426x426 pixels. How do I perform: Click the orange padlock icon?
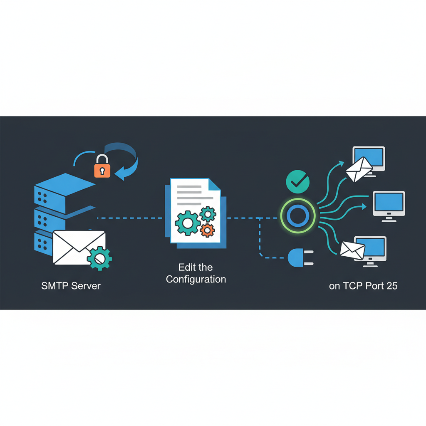[102, 167]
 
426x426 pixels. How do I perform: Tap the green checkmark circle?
[297, 181]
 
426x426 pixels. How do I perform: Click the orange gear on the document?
[207, 229]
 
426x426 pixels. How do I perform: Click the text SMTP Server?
[71, 286]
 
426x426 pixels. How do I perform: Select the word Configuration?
[196, 279]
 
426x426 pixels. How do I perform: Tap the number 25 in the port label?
[391, 286]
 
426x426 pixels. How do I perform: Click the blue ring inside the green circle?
[297, 215]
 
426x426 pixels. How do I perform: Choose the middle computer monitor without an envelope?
[389, 203]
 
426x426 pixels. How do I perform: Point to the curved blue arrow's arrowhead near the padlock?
[121, 174]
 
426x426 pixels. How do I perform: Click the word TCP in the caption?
[352, 286]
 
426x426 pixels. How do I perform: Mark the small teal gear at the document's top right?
[208, 214]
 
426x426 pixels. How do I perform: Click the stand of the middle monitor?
[389, 218]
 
